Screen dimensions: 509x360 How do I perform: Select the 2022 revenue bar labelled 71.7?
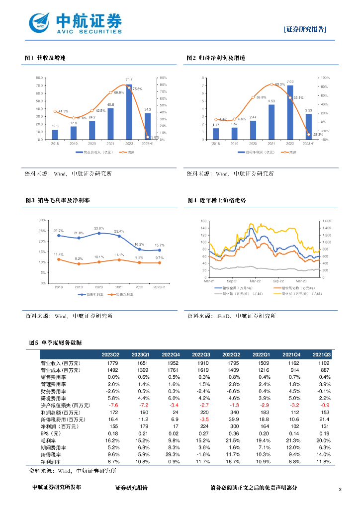point(129,112)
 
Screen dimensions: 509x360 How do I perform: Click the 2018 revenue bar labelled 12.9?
point(55,135)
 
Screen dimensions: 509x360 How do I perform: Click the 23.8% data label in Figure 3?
point(98,228)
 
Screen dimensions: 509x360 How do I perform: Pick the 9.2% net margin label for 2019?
point(79,259)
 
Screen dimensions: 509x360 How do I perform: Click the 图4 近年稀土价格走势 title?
point(216,200)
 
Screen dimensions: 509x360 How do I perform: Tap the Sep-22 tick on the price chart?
point(277,281)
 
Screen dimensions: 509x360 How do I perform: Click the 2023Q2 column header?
point(110,354)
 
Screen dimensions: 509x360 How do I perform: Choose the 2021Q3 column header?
point(321,354)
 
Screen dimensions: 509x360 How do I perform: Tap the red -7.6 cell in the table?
point(113,406)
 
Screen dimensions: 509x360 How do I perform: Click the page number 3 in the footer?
point(340,490)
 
